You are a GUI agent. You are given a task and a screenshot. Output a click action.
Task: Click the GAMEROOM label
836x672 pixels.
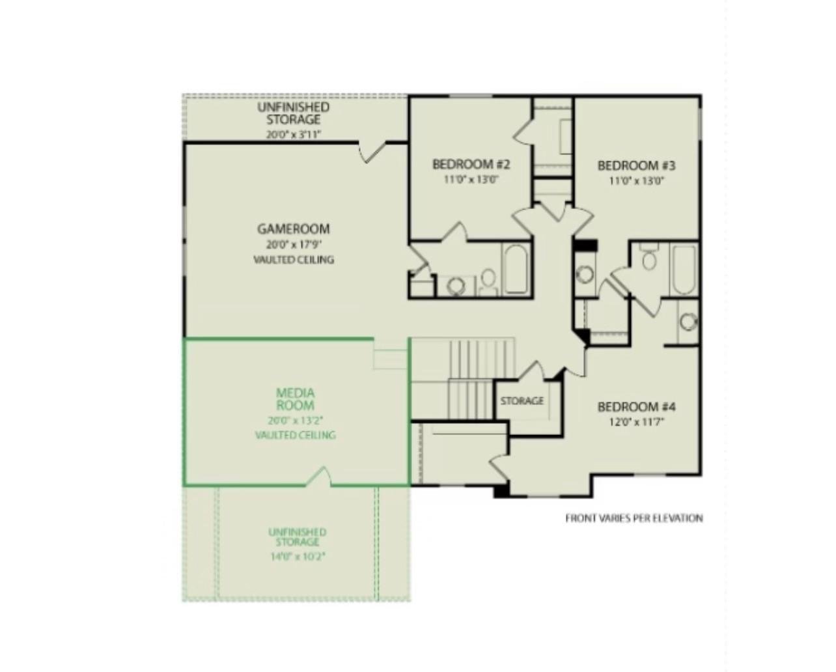[x=293, y=229]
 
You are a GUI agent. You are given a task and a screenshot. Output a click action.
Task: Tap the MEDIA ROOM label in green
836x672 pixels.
[x=295, y=399]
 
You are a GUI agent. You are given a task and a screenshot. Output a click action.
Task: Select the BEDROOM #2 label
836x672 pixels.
[x=471, y=164]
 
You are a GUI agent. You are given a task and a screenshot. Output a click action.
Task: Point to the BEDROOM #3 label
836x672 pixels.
[x=636, y=165]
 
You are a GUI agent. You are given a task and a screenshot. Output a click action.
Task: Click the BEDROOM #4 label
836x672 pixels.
[x=636, y=407]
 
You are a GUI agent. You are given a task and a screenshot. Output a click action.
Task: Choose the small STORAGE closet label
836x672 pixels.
[x=522, y=400]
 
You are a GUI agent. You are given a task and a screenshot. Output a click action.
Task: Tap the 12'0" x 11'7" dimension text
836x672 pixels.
[x=636, y=422]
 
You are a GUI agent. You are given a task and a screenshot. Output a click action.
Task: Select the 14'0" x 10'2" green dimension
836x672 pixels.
[x=297, y=557]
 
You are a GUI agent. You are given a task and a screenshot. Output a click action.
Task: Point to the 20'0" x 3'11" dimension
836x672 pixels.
[x=294, y=135]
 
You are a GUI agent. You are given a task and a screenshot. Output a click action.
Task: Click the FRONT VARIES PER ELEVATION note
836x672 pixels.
[x=634, y=518]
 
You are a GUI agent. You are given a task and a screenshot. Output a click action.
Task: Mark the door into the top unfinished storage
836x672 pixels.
[x=372, y=152]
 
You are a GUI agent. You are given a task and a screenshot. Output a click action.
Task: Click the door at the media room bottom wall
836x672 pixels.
[x=318, y=477]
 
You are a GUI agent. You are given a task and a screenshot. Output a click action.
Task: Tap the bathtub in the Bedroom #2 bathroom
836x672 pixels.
[x=516, y=269]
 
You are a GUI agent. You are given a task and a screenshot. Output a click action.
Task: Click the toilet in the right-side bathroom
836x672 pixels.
[x=649, y=257]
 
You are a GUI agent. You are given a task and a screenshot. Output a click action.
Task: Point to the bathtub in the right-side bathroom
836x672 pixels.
[x=684, y=270]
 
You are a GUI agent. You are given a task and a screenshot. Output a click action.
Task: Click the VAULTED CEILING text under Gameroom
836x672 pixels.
[x=294, y=260]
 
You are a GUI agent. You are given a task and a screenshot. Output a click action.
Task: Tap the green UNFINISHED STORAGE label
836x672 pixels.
[x=297, y=537]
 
